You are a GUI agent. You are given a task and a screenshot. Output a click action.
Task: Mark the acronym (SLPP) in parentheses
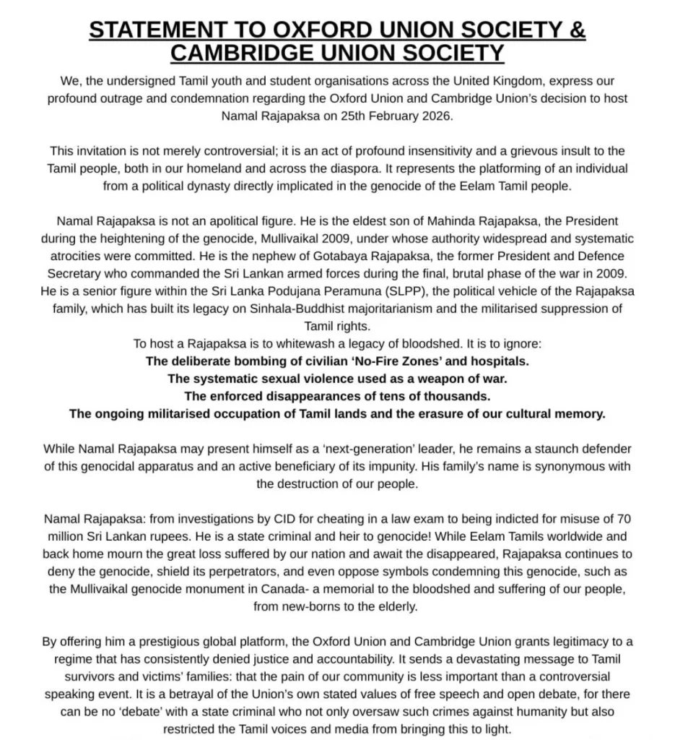[427, 291]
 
